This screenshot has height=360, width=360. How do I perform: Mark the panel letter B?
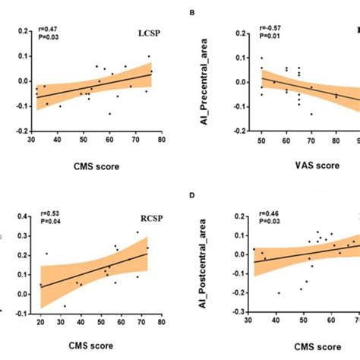201,12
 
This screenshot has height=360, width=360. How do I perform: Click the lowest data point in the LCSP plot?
109,114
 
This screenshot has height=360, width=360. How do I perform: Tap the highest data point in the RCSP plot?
137,232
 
